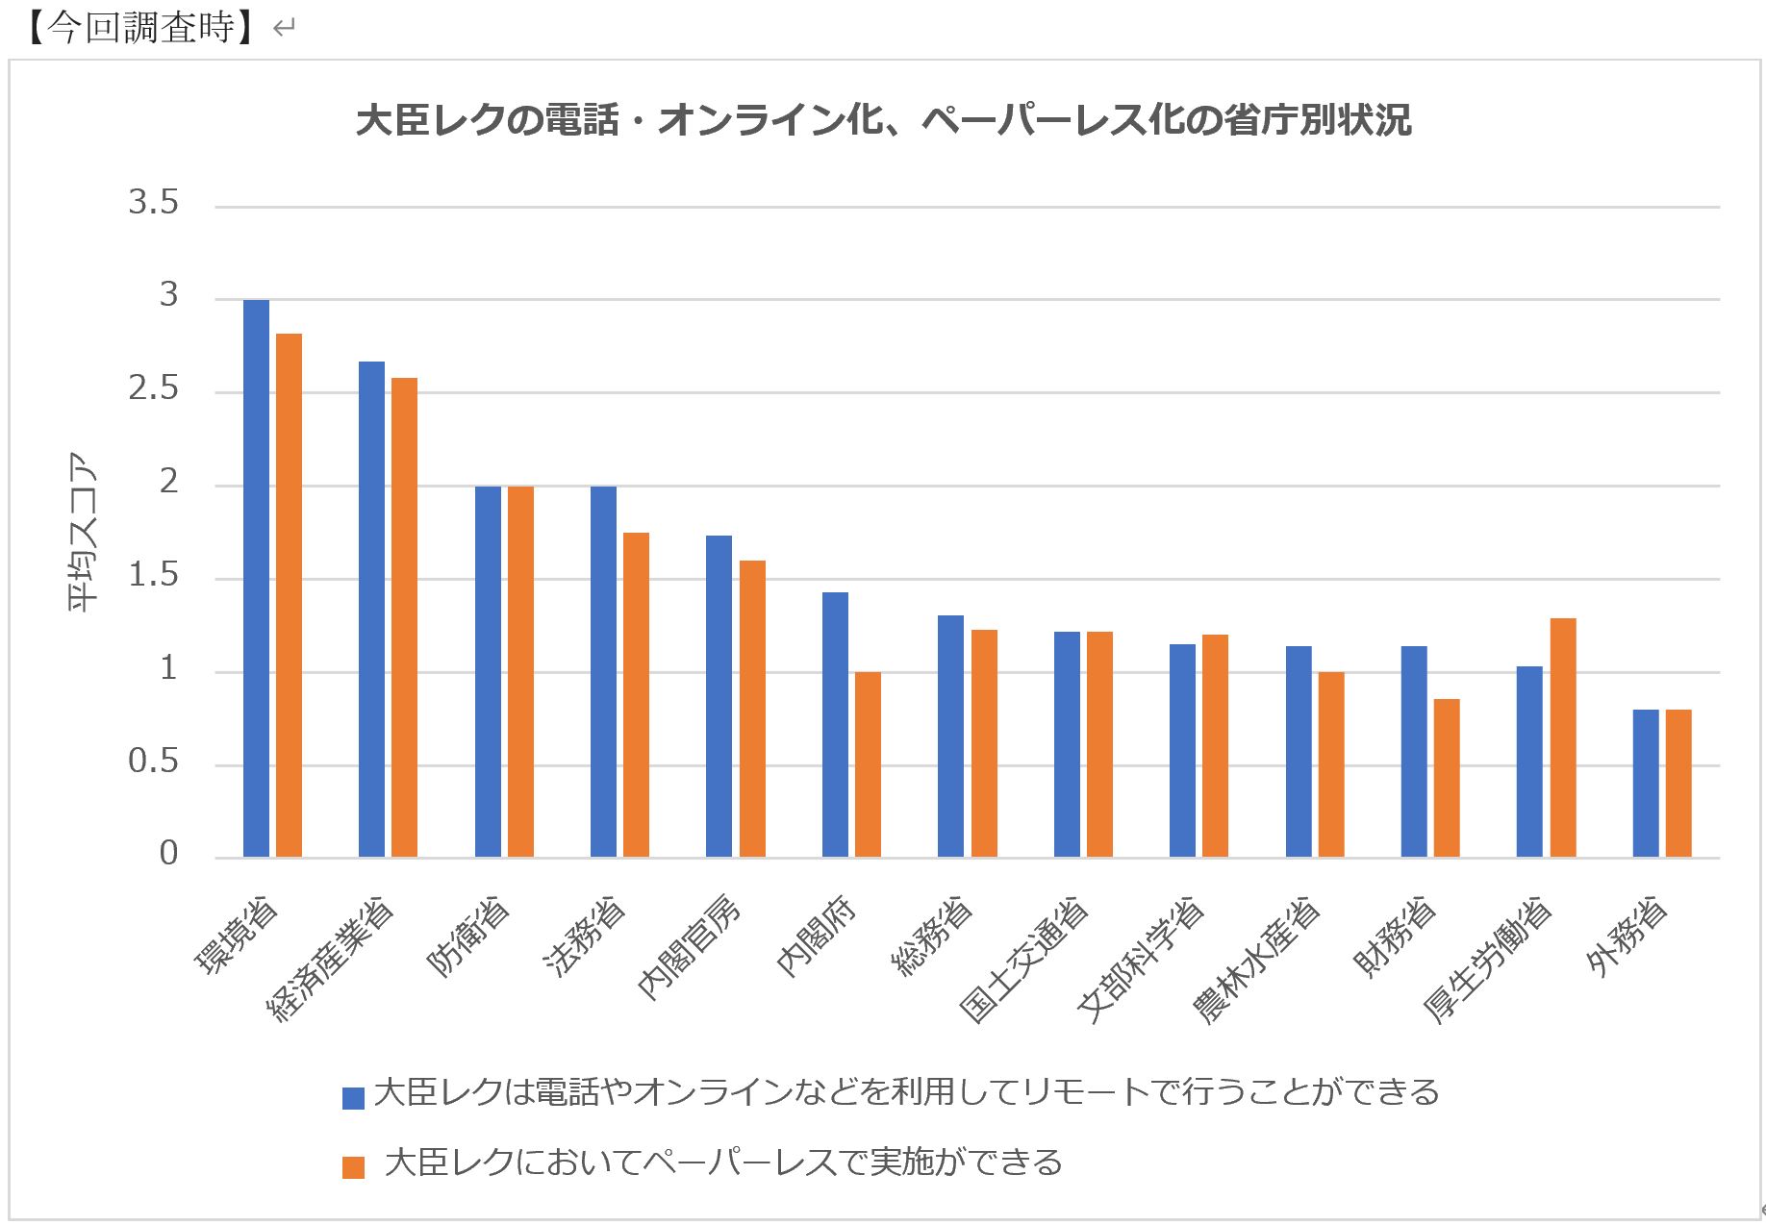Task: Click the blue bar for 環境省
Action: click(256, 578)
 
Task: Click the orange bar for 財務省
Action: click(1447, 778)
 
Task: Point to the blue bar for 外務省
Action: click(1646, 783)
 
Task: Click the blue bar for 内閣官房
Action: click(719, 696)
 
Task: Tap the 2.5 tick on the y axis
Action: click(154, 388)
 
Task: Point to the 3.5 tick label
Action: click(154, 202)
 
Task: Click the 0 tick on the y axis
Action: click(168, 853)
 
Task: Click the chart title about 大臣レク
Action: click(883, 120)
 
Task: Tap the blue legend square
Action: click(353, 1097)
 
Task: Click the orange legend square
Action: click(353, 1167)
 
